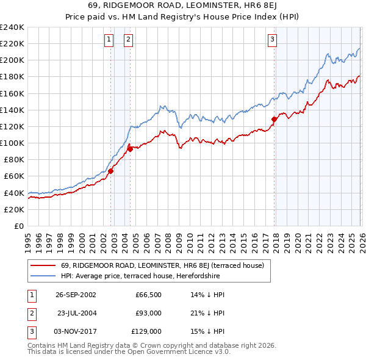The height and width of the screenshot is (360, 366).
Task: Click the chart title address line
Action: tap(182, 5)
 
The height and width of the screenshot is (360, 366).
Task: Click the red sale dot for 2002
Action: tap(111, 171)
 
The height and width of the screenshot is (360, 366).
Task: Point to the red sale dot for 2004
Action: tap(130, 149)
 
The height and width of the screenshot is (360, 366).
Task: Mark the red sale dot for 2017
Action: tap(274, 120)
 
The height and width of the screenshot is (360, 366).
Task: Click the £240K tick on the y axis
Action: tap(12, 27)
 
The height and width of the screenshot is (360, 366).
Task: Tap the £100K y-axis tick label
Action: tap(12, 143)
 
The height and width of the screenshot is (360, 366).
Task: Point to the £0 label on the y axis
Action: tap(18, 226)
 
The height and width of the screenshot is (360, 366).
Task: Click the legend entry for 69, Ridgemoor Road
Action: tap(162, 265)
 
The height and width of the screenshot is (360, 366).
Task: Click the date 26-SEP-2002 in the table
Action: tap(76, 295)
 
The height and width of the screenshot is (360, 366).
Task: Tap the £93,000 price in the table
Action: tap(148, 313)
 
